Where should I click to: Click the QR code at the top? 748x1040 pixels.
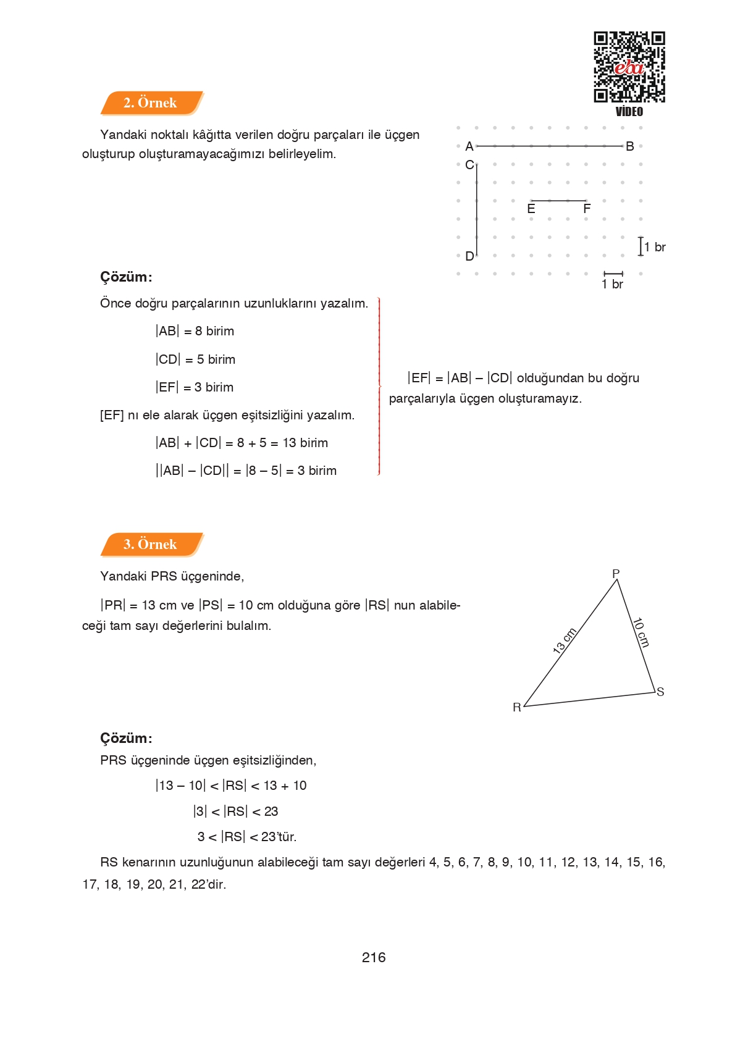(x=629, y=67)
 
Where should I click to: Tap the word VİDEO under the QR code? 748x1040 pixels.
(x=629, y=112)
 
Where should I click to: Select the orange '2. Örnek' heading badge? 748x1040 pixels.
(x=151, y=103)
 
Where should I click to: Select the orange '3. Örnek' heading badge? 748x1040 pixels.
(x=151, y=544)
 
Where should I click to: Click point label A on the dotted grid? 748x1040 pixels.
(x=469, y=146)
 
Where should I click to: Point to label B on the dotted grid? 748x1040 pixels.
(x=630, y=146)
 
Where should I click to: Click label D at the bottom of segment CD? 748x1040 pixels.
(x=469, y=256)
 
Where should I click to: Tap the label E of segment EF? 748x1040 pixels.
(x=531, y=209)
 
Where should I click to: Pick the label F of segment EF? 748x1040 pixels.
(x=587, y=209)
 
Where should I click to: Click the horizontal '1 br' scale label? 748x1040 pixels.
(x=613, y=284)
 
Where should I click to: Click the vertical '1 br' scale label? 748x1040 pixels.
(x=655, y=247)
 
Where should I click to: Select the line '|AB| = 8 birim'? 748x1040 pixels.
(x=195, y=331)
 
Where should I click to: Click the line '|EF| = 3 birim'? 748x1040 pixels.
(x=195, y=387)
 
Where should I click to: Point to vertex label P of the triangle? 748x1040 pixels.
(x=616, y=574)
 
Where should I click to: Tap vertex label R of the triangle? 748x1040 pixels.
(x=517, y=707)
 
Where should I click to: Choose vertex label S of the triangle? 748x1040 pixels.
(x=660, y=692)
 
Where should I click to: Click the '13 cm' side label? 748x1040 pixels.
(x=565, y=640)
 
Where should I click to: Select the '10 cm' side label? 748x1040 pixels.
(x=641, y=632)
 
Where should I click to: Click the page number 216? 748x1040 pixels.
(x=374, y=957)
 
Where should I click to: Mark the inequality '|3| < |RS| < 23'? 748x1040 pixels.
(x=235, y=811)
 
